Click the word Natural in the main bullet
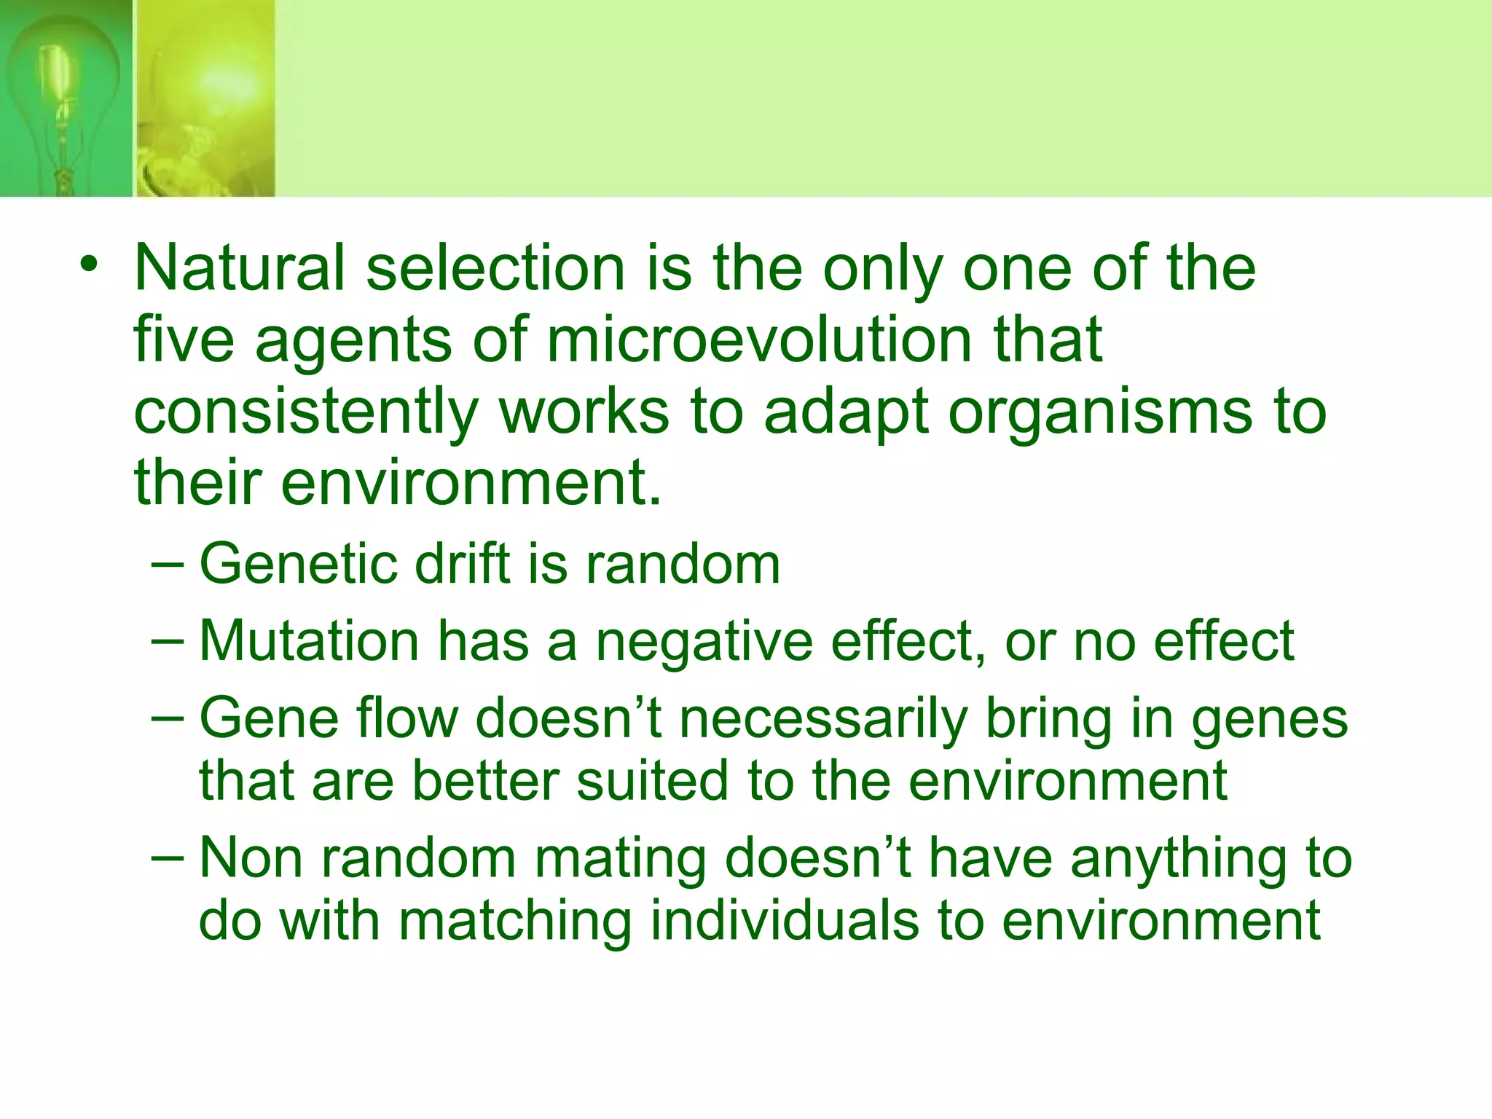[239, 268]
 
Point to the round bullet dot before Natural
[89, 264]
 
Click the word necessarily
[822, 720]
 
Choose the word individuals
[784, 921]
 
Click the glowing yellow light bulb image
[205, 98]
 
